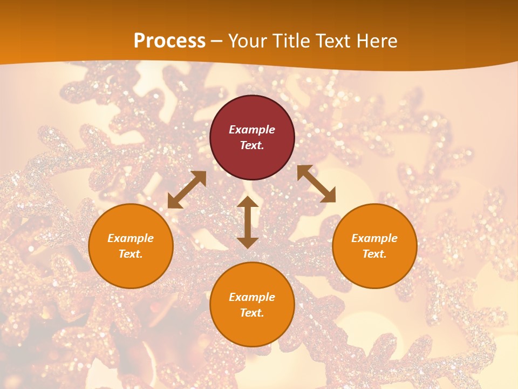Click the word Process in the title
tap(169, 41)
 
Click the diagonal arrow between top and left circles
tap(187, 190)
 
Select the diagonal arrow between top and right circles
tap(316, 184)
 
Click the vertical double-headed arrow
tap(248, 222)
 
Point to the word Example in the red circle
tap(252, 130)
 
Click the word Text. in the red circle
tap(252, 145)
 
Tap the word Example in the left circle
tap(131, 238)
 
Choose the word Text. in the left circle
tap(131, 254)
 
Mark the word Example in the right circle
tap(374, 238)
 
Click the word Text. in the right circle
tap(374, 254)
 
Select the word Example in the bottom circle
tap(252, 297)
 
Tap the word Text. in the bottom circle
tap(252, 313)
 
